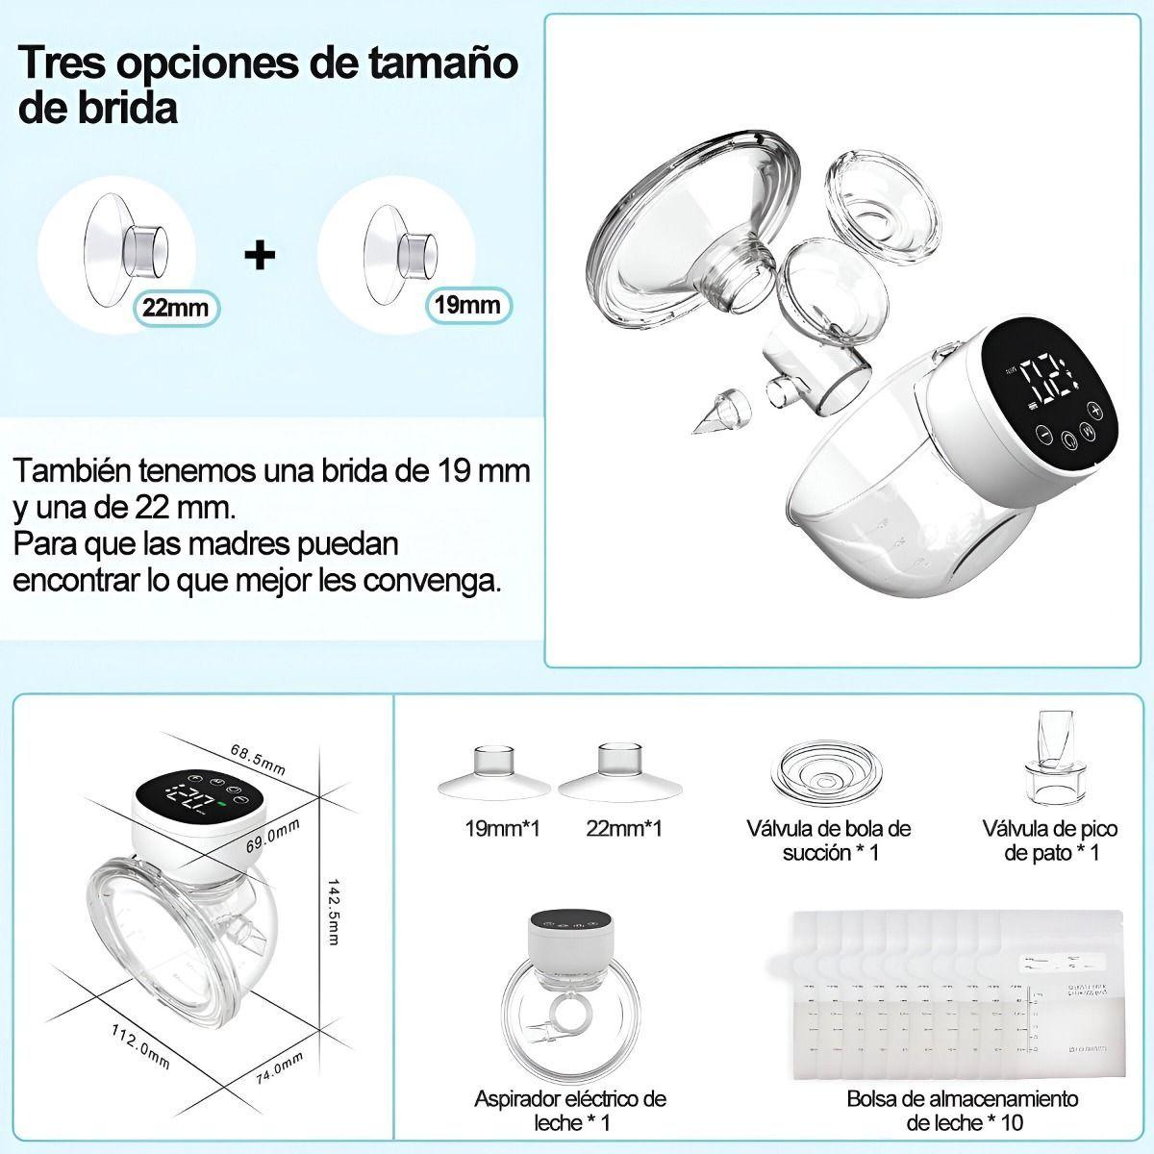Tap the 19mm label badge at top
tap(468, 306)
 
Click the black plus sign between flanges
tap(260, 255)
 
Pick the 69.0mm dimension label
tap(274, 829)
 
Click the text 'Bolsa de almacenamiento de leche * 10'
tap(963, 1110)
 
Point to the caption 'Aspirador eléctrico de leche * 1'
tap(570, 1110)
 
